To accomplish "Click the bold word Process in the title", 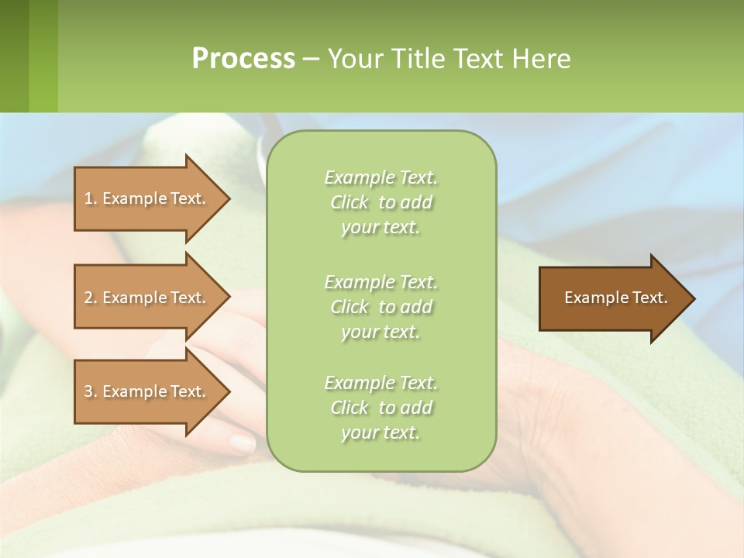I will coord(243,59).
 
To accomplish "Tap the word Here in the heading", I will coord(541,59).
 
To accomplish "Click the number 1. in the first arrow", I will coord(91,198).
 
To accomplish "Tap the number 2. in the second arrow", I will coord(91,298).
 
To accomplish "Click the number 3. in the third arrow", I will coord(91,391).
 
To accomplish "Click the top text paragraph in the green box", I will coord(381,202).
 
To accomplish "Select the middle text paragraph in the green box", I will coord(381,307).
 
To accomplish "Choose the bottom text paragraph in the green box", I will coord(381,408).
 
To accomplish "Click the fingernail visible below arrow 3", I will coord(243,443).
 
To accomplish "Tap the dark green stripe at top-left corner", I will coord(14,56).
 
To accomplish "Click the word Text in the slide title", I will coord(476,59).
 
